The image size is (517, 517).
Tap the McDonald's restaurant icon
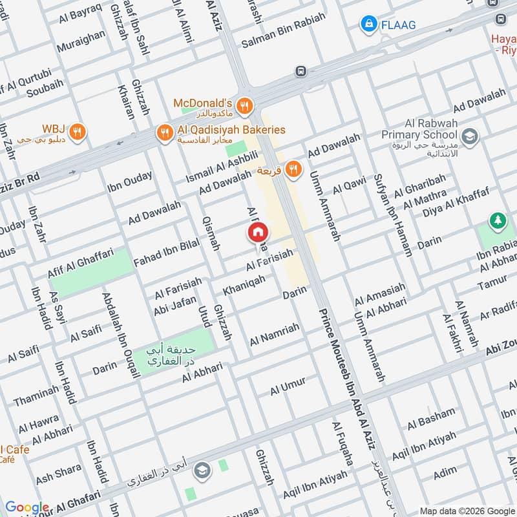click(244, 105)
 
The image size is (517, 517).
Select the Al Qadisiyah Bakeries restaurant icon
click(164, 133)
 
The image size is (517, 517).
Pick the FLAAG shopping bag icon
click(368, 24)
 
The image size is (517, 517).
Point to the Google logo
click(26, 507)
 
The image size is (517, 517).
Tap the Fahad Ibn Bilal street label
click(165, 252)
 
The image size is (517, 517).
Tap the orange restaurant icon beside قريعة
click(294, 169)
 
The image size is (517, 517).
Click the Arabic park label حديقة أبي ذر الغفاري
click(173, 356)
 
